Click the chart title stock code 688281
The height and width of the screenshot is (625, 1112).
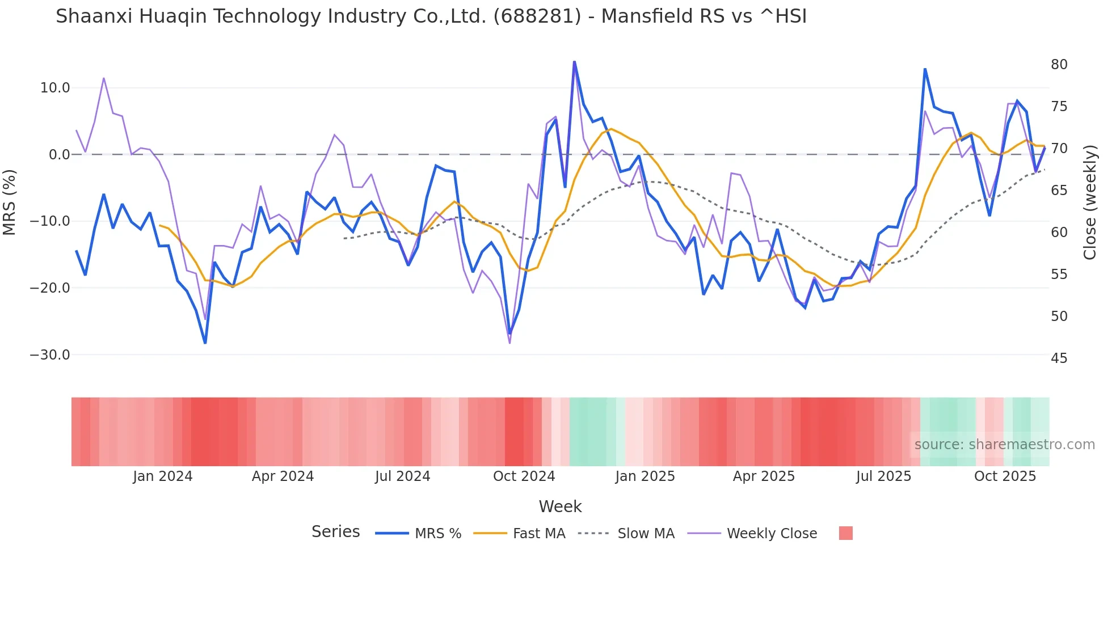[537, 16]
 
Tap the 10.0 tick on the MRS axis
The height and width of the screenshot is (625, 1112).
[55, 88]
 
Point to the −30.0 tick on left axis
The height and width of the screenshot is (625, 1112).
[50, 355]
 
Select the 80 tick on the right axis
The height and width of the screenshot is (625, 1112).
[1059, 65]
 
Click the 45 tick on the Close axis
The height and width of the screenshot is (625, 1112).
[1059, 358]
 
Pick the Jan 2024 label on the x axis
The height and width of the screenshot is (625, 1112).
[163, 476]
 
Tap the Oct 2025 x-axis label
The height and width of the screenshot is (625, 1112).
[1005, 476]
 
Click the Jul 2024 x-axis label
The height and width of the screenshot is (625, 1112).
[402, 476]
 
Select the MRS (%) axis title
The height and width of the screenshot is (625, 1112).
[10, 202]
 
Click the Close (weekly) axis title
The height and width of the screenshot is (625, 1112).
[1089, 202]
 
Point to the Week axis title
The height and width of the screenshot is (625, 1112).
[560, 506]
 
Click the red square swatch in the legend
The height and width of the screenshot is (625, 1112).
[845, 533]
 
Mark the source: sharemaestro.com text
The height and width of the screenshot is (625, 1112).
[1004, 445]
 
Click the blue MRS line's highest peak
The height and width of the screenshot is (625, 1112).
[574, 61]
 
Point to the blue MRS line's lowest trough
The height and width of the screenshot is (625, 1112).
[205, 343]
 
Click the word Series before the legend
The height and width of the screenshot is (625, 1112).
[335, 532]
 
